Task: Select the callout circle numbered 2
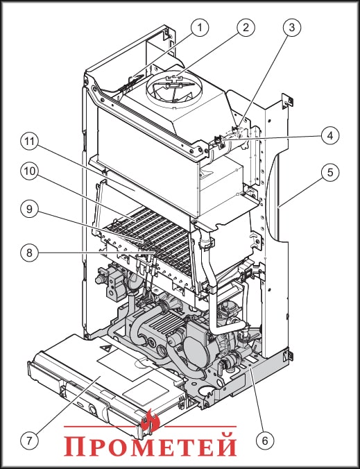tap(244, 28)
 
